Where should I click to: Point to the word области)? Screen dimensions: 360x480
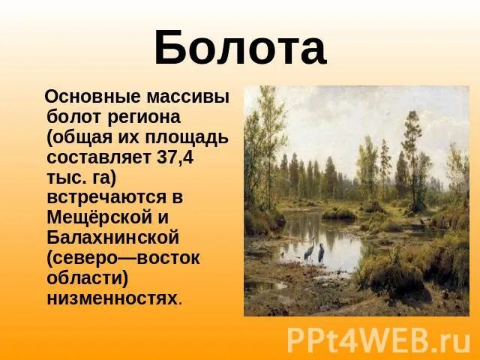[87, 278]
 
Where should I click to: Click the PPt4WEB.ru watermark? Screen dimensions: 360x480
[378, 340]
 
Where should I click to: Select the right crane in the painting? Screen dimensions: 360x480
[320, 253]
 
